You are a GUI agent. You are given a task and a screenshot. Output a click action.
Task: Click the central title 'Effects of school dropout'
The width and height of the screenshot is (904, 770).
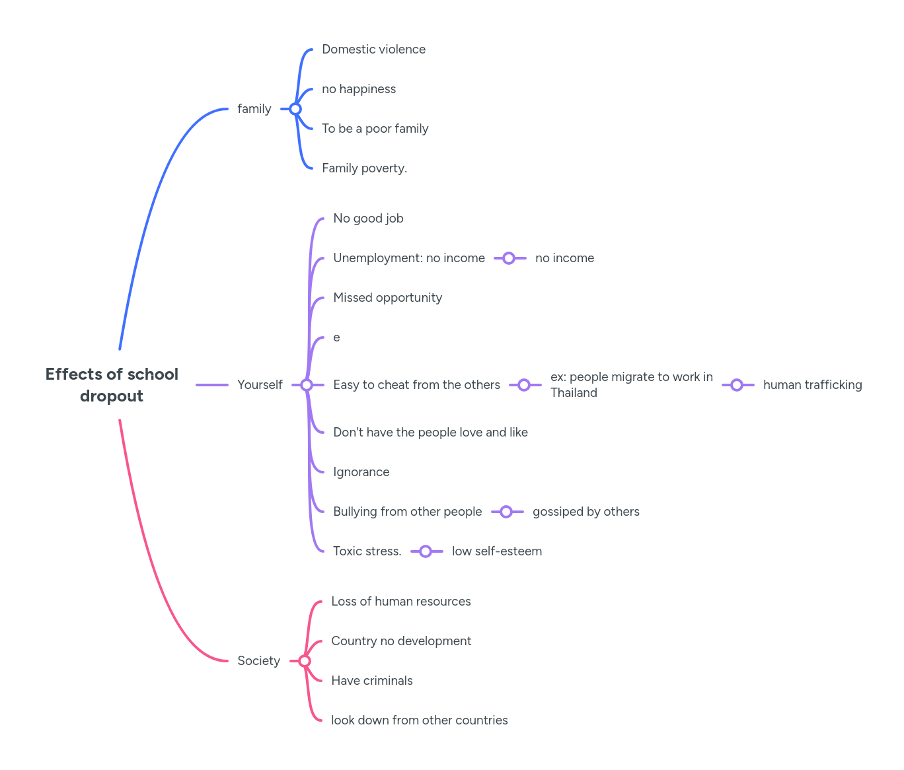point(112,385)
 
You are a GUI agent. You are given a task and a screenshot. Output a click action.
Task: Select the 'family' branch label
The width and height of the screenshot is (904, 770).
point(254,109)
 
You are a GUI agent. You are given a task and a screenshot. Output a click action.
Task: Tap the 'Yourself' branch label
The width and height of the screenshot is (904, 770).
point(260,385)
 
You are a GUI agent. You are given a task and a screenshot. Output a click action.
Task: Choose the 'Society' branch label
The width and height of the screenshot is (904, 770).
point(258,661)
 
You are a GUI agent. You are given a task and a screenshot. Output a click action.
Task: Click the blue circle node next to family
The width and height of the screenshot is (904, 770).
point(295,109)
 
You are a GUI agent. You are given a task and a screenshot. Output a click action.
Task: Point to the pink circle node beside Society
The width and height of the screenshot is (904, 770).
point(305,661)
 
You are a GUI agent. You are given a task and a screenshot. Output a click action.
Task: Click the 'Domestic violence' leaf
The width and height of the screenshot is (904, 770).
point(373,50)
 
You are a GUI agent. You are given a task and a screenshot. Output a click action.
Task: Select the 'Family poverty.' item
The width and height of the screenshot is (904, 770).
point(364,168)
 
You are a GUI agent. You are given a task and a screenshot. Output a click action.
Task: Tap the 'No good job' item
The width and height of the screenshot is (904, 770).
point(368,219)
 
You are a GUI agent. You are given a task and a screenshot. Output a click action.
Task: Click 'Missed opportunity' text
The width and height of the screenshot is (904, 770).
point(387,298)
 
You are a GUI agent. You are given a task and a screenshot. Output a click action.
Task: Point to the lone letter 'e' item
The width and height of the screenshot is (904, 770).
point(336,337)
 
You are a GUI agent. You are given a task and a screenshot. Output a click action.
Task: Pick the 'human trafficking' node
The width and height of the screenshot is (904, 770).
point(812,385)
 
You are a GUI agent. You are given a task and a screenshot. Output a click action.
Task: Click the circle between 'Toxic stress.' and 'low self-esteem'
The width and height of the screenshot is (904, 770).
point(426,551)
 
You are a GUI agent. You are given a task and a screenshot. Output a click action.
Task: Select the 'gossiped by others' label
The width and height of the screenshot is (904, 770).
point(585,512)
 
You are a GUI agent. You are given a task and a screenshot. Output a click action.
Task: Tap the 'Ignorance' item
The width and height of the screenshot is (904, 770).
point(361,472)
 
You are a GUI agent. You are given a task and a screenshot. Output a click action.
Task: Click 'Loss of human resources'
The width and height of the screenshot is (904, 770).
point(400,602)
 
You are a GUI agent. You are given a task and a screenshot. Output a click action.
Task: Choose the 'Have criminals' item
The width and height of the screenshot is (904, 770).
point(371,681)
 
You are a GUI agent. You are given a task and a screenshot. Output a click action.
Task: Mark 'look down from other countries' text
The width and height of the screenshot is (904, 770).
point(419,720)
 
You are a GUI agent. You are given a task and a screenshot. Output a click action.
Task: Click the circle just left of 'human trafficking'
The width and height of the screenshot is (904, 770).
point(737,385)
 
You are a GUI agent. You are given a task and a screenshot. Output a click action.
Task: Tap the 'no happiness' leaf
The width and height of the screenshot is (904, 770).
point(359,89)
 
